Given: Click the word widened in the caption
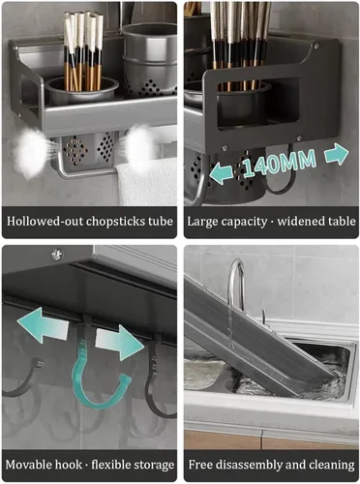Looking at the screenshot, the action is coord(298,222).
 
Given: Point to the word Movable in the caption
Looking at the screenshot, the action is coord(28,465).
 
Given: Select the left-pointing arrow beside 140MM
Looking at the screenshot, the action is coord(221,173).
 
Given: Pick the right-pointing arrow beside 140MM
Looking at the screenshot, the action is coord(337,154).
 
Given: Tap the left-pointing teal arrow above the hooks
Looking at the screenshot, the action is coord(43,325).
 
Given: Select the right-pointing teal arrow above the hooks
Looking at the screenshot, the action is coord(120,343).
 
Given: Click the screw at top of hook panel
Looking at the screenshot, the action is coord(57,255).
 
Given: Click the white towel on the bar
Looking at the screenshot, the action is coord(147,182).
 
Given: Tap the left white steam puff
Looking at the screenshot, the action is coord(31,152).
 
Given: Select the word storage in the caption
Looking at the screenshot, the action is coord(155,466).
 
